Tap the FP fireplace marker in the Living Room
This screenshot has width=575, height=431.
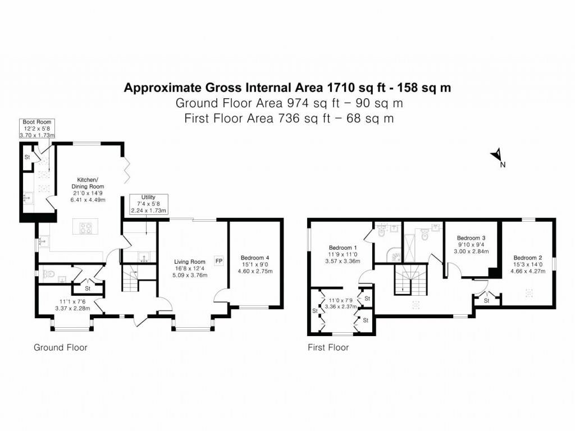pos(218,261)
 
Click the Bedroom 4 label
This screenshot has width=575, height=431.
pos(256,258)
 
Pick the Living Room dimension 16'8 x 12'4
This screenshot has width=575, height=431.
pos(190,268)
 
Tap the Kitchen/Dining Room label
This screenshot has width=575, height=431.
pos(87,183)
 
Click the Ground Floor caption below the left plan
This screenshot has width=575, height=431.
pos(61,347)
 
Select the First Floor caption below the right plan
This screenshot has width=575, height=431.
pos(328,347)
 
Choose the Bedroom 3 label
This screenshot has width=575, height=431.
pos(471,237)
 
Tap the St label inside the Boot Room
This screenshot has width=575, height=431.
pos(26,157)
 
